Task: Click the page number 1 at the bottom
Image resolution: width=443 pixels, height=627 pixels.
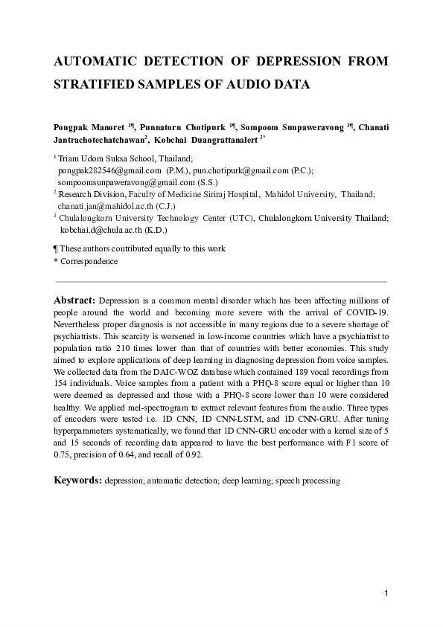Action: pyautogui.click(x=386, y=593)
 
